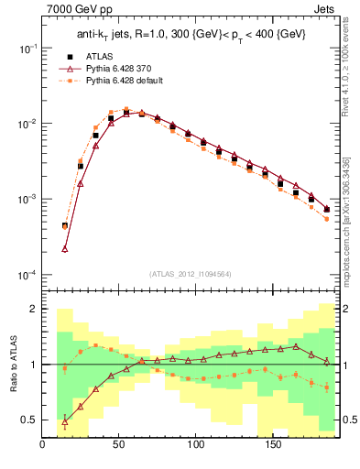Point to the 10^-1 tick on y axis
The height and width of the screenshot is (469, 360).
(x=27, y=48)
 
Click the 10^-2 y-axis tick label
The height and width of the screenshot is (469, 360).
(x=27, y=124)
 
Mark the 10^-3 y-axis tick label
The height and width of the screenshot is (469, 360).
(x=27, y=200)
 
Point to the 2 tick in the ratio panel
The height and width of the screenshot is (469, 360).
(x=33, y=310)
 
